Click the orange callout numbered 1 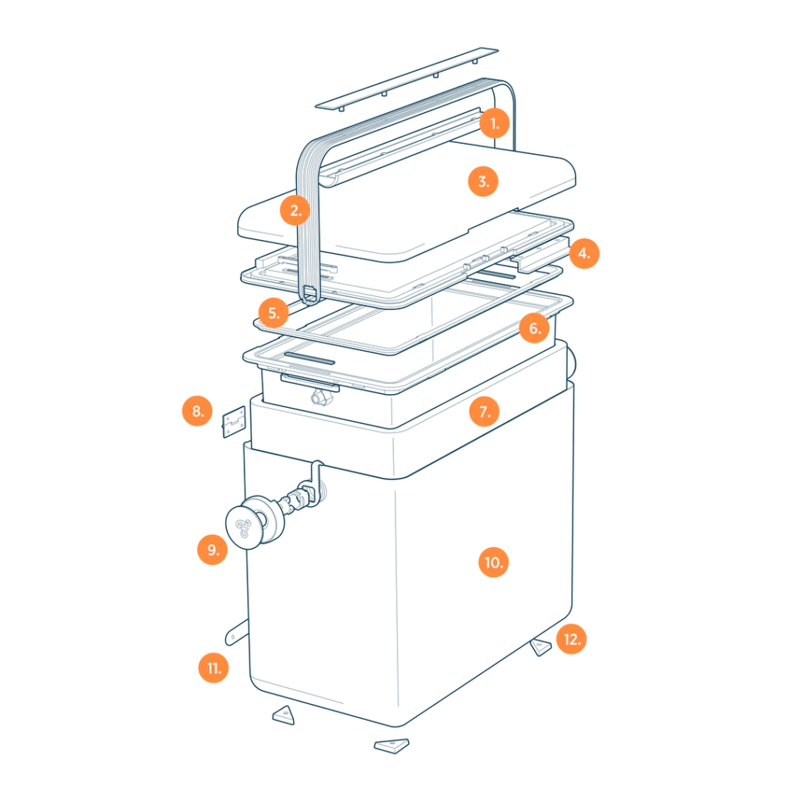click(495, 123)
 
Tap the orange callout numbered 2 click(295, 210)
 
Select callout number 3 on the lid click(483, 182)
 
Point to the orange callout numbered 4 click(584, 253)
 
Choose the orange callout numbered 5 click(273, 313)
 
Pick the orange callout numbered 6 click(534, 328)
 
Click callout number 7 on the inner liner click(485, 411)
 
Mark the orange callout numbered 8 click(198, 411)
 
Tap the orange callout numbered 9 click(212, 549)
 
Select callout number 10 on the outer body click(493, 563)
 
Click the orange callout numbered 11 click(214, 668)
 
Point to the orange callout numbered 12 click(572, 639)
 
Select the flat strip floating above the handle click(406, 79)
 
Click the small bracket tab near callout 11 click(236, 633)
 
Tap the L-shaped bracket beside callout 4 click(540, 255)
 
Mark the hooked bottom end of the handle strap click(309, 295)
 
